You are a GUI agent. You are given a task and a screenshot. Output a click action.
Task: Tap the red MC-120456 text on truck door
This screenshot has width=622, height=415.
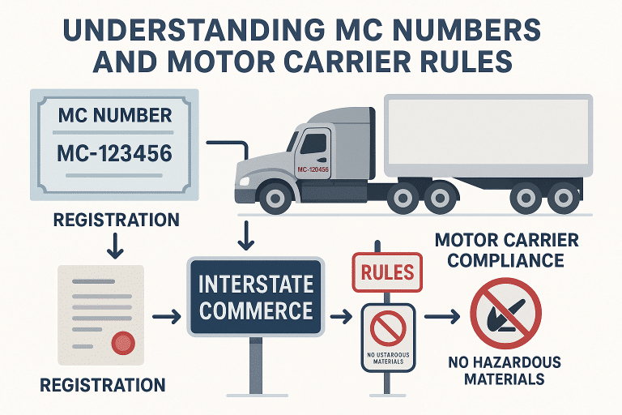(313, 169)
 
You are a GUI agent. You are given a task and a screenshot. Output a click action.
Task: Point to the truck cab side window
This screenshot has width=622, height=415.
(313, 145)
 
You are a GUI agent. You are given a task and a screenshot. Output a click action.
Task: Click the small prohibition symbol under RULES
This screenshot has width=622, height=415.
(386, 328)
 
